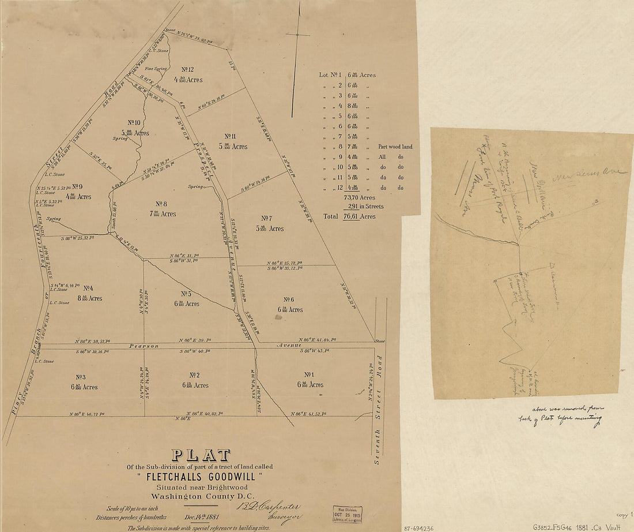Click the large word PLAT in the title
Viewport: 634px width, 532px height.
202,455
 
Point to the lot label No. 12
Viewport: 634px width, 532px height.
187,69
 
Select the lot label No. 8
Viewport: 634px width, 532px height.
161,204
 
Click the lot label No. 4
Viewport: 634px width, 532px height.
88,288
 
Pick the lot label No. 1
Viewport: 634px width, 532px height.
309,374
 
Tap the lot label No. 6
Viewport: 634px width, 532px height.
289,299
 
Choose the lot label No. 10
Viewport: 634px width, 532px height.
134,122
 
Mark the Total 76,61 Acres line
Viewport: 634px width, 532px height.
349,216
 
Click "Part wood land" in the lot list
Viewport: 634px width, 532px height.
395,147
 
